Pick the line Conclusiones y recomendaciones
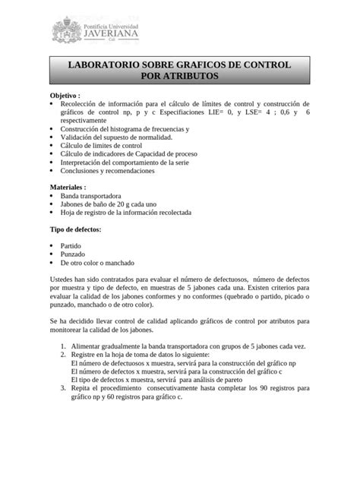point(112,171)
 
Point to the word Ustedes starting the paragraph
point(65,280)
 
